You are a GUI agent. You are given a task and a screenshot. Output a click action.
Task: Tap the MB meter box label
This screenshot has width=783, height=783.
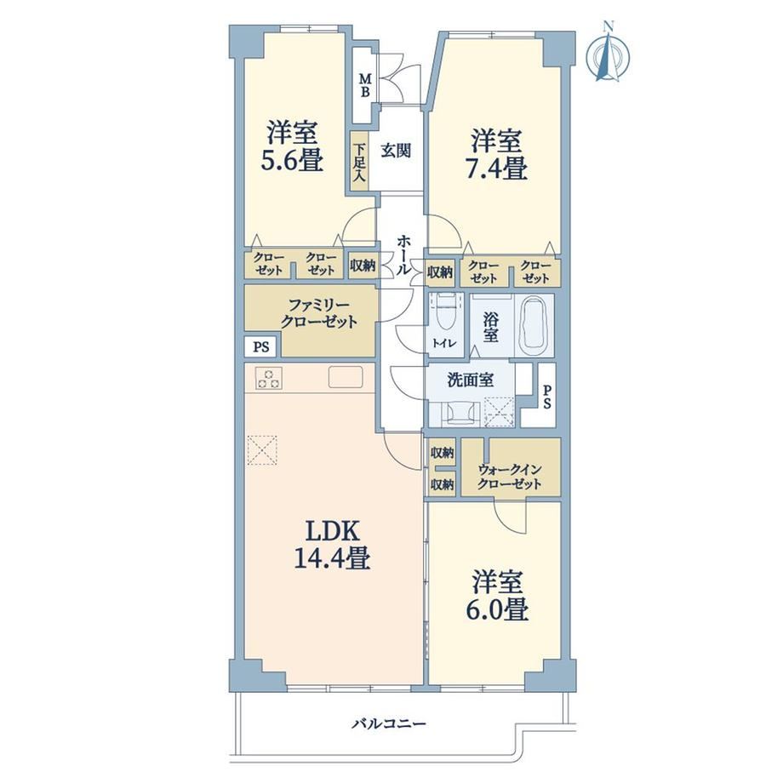(x=366, y=85)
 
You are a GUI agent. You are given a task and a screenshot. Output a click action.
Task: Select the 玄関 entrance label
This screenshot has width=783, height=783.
(x=397, y=151)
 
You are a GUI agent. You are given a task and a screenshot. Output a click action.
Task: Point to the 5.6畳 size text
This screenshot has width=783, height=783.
(x=291, y=161)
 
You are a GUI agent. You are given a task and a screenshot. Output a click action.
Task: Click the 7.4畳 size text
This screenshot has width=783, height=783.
(x=496, y=169)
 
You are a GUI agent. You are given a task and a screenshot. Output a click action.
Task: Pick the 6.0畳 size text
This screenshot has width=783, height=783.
(x=497, y=609)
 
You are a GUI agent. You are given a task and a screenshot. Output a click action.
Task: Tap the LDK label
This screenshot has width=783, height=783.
(x=332, y=532)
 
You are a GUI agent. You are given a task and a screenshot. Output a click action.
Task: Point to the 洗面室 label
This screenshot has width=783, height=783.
(x=471, y=380)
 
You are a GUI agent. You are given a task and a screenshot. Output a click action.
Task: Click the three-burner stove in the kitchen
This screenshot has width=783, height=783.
(x=269, y=378)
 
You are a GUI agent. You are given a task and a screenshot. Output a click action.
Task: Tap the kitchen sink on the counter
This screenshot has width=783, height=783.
(x=346, y=377)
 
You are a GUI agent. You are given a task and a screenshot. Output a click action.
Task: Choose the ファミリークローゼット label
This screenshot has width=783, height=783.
(x=319, y=313)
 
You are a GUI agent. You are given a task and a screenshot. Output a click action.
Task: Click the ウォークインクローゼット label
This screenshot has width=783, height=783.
(x=510, y=476)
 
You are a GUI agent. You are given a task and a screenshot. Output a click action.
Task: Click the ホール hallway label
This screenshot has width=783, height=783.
(x=404, y=254)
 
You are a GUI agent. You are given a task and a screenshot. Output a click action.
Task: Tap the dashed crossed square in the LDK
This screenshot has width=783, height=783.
(x=262, y=450)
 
